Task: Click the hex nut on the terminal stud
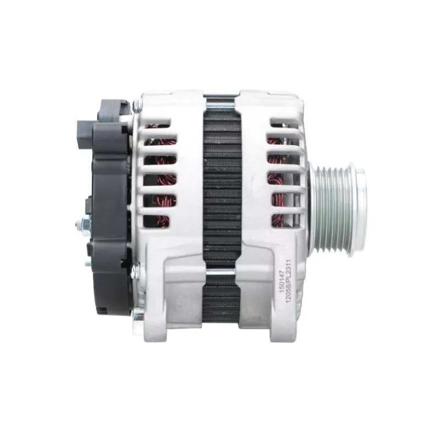[85, 224]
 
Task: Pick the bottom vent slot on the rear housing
[157, 221]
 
